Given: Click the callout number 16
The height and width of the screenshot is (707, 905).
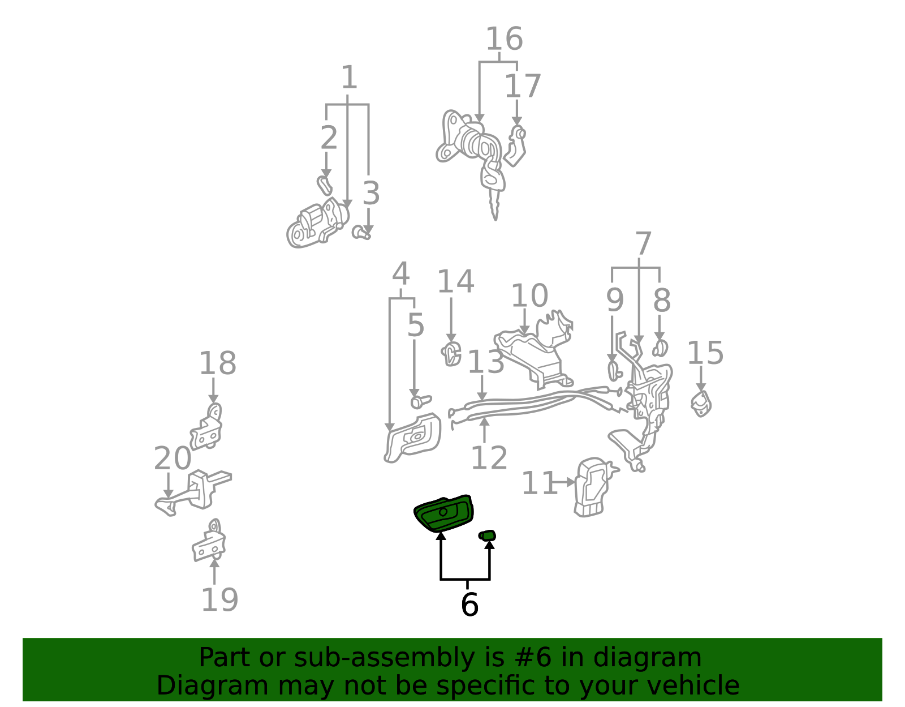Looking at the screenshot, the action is click(504, 38).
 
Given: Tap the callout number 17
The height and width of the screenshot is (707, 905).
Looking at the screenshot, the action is click(522, 86).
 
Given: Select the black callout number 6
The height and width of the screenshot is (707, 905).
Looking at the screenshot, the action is click(469, 605).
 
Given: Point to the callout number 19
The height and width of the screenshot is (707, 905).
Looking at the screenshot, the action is click(219, 600).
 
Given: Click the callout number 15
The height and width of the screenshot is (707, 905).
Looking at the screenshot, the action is click(705, 353).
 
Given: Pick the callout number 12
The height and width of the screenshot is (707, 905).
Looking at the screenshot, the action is click(489, 457).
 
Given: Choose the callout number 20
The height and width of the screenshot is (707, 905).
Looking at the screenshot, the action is click(173, 459).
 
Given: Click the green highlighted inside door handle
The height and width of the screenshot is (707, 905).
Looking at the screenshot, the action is click(443, 513).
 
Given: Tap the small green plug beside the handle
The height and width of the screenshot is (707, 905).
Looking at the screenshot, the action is click(487, 535).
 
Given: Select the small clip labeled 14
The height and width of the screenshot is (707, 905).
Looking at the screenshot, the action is click(451, 354).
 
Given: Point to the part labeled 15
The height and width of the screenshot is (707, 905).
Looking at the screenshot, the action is click(701, 404).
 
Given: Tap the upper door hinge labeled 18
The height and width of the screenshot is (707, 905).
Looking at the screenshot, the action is click(206, 427).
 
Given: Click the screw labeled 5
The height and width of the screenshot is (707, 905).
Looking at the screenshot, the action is click(421, 402).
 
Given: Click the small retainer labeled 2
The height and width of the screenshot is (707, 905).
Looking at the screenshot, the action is click(325, 186).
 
